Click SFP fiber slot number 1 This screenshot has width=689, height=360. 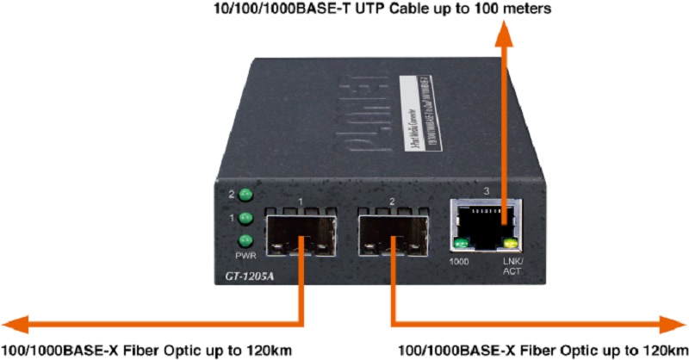pyautogui.click(x=298, y=235)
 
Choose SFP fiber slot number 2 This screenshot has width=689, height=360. pyautogui.click(x=392, y=235)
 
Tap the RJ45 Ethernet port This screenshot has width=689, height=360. pyautogui.click(x=487, y=220)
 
